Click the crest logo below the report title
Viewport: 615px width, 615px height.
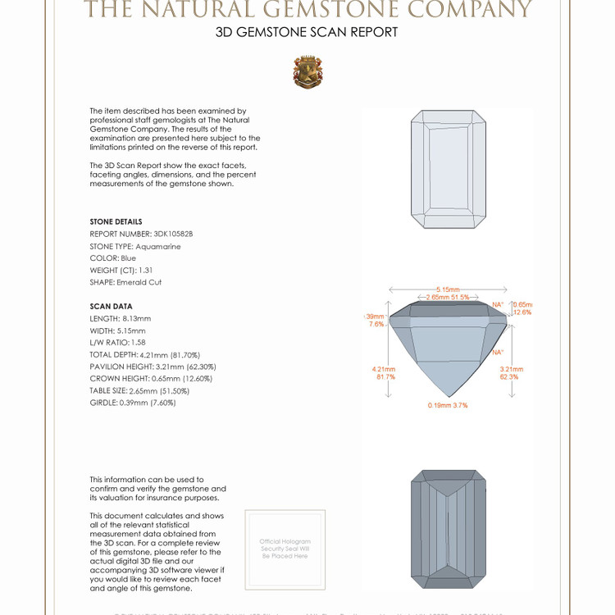click(x=307, y=72)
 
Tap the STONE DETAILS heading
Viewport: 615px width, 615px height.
click(x=116, y=222)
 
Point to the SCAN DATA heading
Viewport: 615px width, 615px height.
click(x=111, y=307)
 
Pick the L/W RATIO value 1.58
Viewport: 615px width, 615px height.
click(x=141, y=342)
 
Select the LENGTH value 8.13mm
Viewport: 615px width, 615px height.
click(x=136, y=318)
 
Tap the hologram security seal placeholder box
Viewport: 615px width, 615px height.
click(x=285, y=549)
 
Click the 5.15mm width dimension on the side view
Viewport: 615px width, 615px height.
click(x=447, y=289)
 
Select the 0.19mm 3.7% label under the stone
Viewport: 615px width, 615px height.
click(x=448, y=405)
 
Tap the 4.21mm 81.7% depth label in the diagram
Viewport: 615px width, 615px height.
click(x=384, y=373)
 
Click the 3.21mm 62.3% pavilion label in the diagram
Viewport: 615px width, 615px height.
click(x=509, y=373)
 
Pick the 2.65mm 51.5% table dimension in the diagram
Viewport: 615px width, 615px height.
click(x=448, y=298)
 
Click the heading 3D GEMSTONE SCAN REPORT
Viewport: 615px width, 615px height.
click(x=307, y=33)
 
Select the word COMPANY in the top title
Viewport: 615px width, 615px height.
click(x=471, y=10)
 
